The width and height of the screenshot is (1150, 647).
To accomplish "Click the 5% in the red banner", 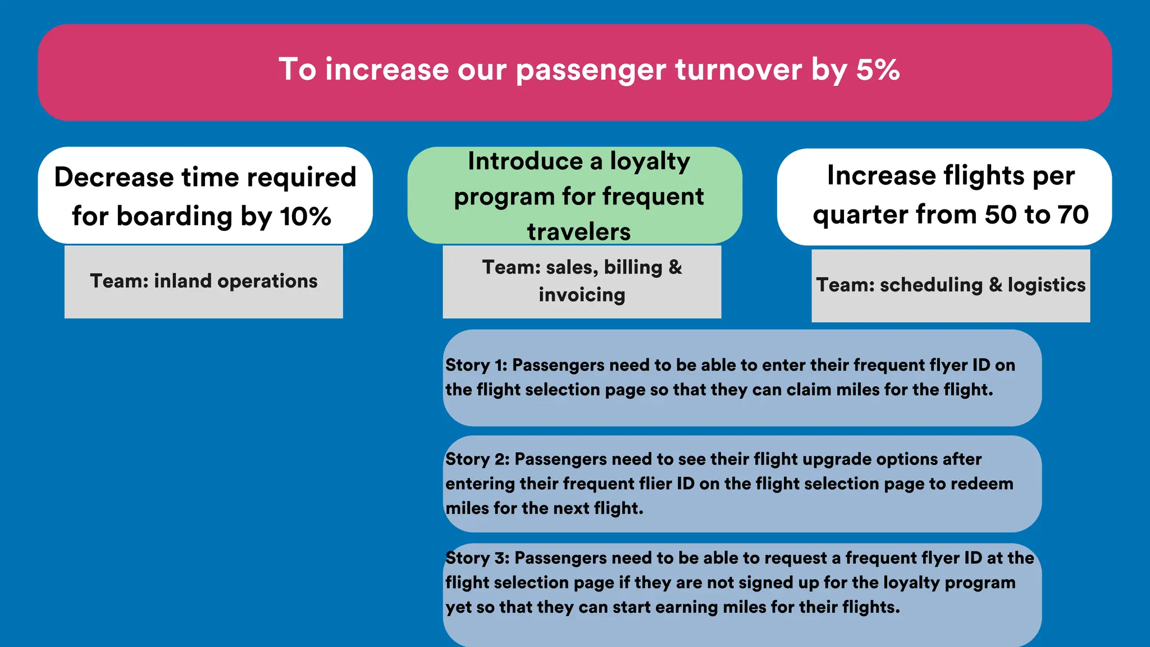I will (x=878, y=70).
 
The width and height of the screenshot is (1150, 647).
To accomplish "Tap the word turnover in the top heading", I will (x=738, y=70).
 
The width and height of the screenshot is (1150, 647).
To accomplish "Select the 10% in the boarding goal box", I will (x=305, y=216).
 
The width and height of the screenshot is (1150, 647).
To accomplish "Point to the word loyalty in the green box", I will (x=650, y=162).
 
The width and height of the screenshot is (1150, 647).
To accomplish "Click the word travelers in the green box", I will (x=579, y=232).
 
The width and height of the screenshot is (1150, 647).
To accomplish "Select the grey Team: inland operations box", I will (x=203, y=281).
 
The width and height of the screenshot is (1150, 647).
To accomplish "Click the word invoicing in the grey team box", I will (x=582, y=295).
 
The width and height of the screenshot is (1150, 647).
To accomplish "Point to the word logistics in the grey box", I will (x=1046, y=285).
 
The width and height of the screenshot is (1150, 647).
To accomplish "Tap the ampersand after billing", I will (x=675, y=267).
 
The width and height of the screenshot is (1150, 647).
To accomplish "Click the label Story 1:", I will (x=476, y=366).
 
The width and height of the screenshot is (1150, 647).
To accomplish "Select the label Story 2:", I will (x=477, y=459).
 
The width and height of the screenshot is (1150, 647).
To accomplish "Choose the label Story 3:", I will (x=477, y=558).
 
